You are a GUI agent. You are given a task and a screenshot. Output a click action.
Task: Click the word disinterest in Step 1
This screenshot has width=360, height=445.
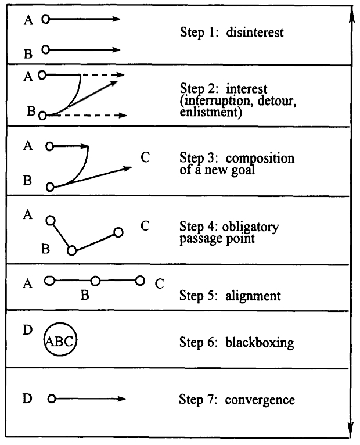(254, 33)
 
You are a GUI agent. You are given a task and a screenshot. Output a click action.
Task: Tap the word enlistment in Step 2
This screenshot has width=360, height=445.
(210, 112)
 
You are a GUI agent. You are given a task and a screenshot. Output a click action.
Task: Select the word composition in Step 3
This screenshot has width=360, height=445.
(260, 159)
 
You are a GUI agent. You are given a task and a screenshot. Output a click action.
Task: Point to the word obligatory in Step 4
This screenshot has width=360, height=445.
(250, 227)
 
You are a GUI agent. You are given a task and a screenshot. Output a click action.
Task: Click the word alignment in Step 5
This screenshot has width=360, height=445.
(253, 296)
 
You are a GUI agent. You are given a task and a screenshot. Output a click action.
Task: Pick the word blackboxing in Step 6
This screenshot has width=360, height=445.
(260, 342)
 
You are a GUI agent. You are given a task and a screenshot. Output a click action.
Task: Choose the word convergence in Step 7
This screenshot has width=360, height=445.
(260, 400)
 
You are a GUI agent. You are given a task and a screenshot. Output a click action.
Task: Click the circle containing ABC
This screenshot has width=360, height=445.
(60, 323)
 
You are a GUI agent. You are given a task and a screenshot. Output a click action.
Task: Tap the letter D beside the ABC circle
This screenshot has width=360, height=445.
(27, 330)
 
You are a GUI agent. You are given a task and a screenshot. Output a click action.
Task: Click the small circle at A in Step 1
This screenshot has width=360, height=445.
(46, 19)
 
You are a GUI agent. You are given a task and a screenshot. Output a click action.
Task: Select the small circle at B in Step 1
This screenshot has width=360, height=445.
(46, 50)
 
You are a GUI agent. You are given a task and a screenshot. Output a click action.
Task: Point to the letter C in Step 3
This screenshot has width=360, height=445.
(145, 157)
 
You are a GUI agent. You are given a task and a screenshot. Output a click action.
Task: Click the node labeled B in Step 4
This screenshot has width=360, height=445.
(72, 251)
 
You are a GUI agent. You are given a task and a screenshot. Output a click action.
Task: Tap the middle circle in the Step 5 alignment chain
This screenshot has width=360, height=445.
(96, 281)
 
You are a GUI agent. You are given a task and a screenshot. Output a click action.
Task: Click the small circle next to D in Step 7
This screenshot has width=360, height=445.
(51, 399)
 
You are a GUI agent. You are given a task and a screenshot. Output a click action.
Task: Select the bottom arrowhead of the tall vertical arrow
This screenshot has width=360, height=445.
(351, 429)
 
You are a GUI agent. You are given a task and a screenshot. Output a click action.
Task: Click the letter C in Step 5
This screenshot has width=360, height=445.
(160, 284)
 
